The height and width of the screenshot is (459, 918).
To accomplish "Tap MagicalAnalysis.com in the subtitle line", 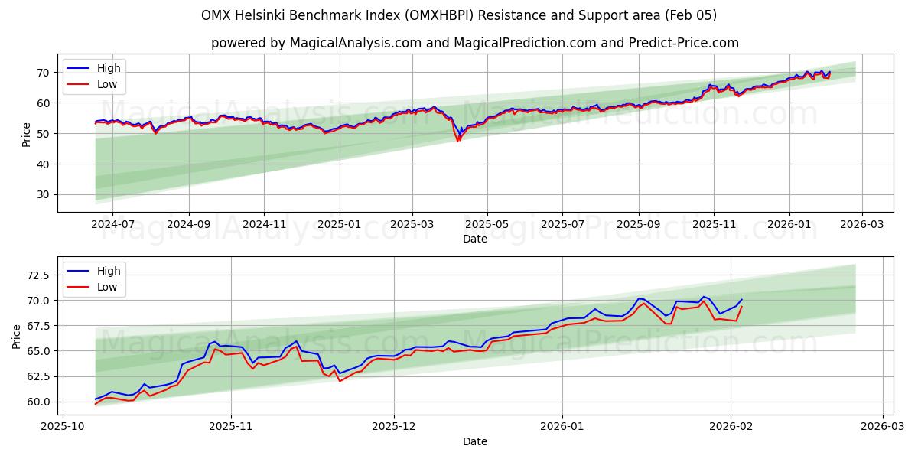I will point(355,43).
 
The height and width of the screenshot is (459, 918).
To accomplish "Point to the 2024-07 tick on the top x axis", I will point(112,225).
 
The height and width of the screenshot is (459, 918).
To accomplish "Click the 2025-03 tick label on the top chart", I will point(412,225).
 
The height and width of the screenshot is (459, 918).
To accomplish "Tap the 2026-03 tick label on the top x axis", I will point(862,225).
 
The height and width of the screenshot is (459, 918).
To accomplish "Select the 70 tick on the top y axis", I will point(43,73).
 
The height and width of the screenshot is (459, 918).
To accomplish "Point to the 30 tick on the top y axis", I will point(43,194).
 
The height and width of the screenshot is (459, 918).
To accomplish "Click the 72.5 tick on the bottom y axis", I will point(37,275).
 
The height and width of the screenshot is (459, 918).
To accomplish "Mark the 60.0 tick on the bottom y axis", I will point(37,402).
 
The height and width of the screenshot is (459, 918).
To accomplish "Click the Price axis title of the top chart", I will point(27,133).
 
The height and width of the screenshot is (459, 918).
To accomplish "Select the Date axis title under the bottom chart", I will point(475,441).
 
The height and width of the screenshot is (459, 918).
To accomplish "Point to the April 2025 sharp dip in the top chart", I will point(458,140).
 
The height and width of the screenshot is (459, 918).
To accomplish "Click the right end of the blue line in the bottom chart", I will point(741,300).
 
